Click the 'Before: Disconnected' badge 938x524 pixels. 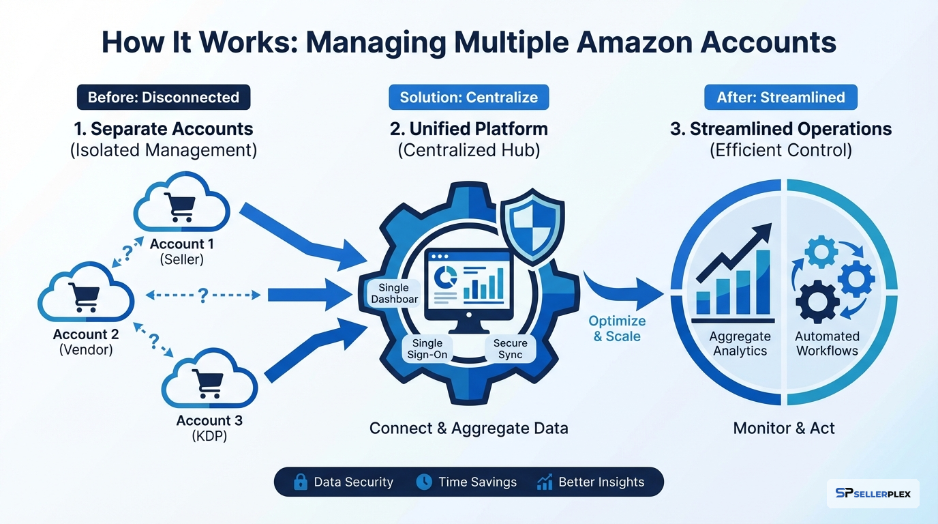(164, 98)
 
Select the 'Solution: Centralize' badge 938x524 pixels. (468, 98)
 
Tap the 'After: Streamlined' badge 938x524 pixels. (781, 98)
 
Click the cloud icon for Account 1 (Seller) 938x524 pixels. (181, 203)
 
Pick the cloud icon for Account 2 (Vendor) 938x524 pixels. (85, 297)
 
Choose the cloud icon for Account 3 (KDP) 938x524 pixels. (209, 381)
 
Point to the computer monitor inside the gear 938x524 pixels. (468, 286)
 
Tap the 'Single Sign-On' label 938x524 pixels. (427, 349)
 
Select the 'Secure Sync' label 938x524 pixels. (510, 349)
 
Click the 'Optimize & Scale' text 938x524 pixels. (617, 328)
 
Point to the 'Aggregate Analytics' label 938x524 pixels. (740, 343)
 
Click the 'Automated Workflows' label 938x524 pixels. (828, 343)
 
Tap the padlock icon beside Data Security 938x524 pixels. (300, 482)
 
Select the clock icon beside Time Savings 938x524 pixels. (424, 482)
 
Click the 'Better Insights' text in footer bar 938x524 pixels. (601, 482)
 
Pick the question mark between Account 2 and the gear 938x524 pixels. (202, 295)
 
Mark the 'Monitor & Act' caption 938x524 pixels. (784, 428)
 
